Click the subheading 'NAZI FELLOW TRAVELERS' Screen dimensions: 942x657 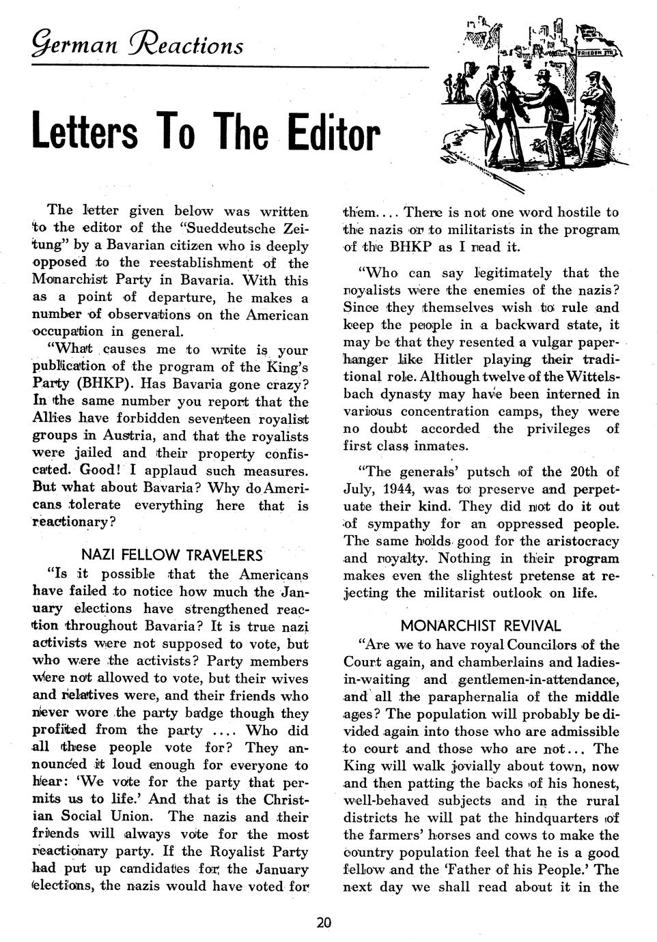[x=172, y=554]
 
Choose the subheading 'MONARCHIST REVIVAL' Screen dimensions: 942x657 [x=481, y=625]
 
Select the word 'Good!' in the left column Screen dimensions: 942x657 [x=100, y=470]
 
